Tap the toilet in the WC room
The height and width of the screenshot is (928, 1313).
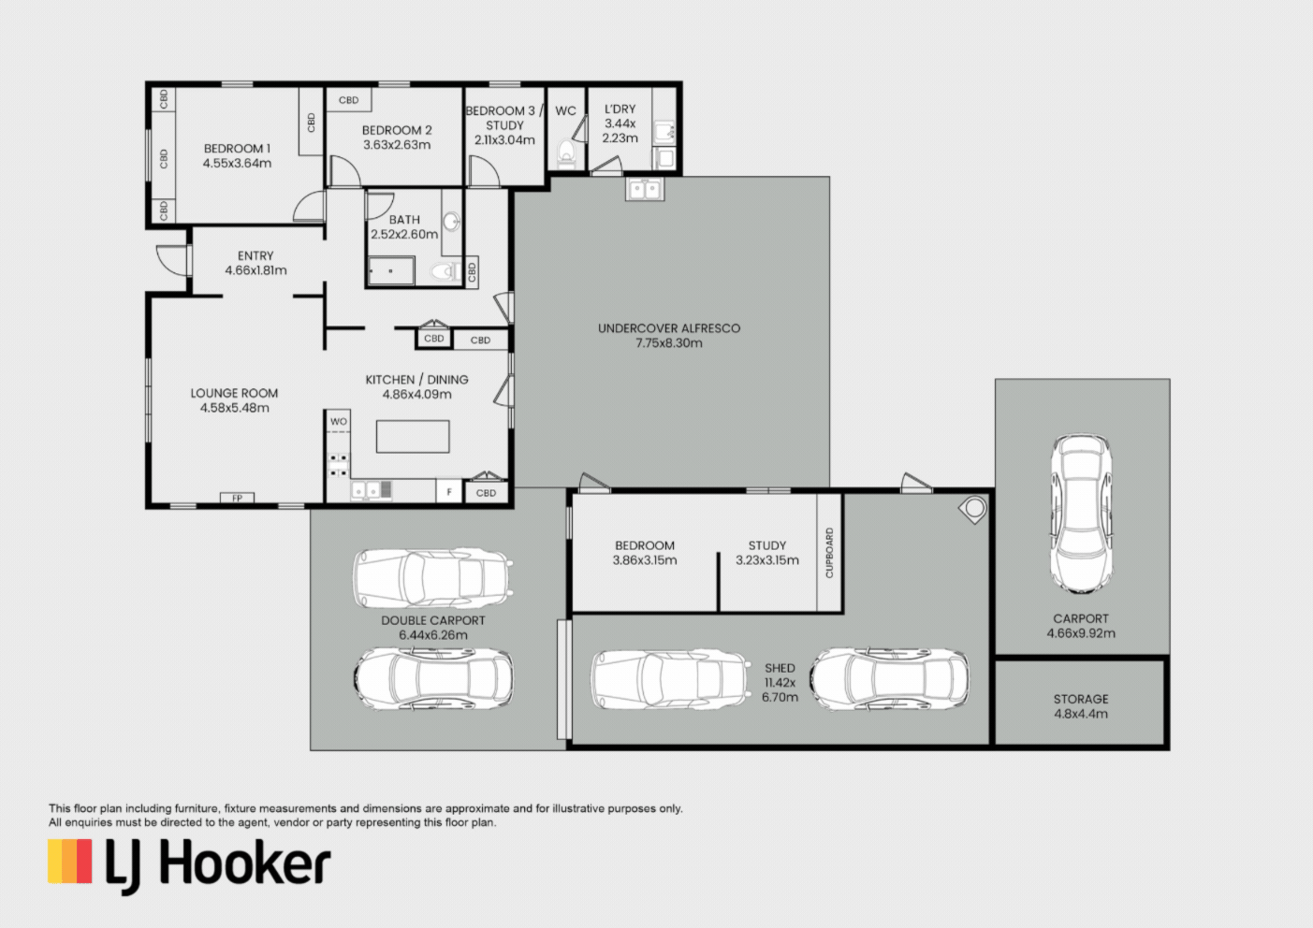[x=566, y=152]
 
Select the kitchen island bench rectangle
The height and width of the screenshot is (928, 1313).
[x=413, y=437]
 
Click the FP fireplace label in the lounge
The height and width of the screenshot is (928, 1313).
[x=237, y=498]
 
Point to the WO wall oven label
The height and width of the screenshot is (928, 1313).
[x=338, y=421]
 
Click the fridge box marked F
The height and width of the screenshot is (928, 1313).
[x=449, y=492]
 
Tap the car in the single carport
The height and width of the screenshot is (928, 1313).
[x=1082, y=515]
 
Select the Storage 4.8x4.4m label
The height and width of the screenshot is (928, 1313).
[x=1081, y=706]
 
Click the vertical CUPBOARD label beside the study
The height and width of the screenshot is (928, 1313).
[x=829, y=553]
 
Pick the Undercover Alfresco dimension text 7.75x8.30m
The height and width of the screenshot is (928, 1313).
[x=669, y=343]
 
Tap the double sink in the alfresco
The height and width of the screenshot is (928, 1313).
[x=645, y=189]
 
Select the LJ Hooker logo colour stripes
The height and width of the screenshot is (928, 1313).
[x=70, y=862]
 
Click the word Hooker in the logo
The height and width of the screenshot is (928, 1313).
[x=245, y=862]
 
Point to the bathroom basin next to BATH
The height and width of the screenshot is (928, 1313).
[x=451, y=222]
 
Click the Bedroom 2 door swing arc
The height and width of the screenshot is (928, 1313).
[x=346, y=171]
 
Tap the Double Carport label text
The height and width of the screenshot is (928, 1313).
[x=433, y=620]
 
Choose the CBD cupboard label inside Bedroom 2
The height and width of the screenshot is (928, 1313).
[x=349, y=100]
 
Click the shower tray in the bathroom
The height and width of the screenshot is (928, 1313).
[x=391, y=270]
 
